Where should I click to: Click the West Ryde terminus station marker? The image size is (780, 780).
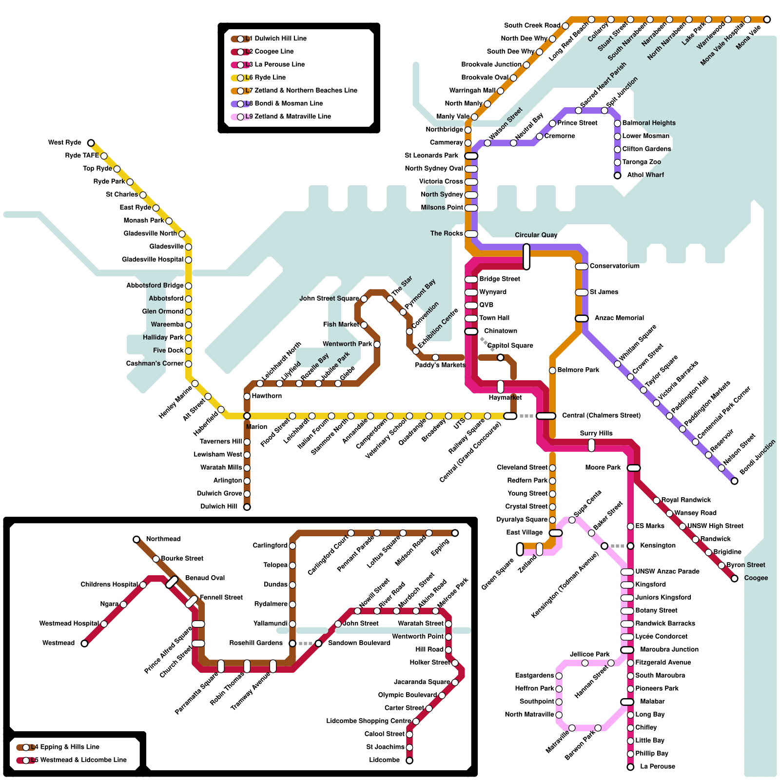point(91,143)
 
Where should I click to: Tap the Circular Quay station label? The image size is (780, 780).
point(536,235)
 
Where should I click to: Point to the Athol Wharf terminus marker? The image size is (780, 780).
point(618,175)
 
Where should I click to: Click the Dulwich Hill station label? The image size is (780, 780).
point(218,507)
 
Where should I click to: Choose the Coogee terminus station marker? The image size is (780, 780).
point(735,579)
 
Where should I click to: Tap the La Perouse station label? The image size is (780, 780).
point(657,767)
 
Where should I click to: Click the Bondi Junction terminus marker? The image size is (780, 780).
point(735,481)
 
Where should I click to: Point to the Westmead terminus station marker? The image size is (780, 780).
point(85,643)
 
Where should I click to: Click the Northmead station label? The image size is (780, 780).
point(163,539)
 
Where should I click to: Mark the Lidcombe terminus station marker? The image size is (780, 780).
point(409,760)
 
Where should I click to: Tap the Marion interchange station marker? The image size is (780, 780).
point(247,416)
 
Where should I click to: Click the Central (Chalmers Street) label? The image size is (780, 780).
point(601,415)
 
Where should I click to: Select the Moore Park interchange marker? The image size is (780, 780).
point(634,468)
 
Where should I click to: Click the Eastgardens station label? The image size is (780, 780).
point(534,676)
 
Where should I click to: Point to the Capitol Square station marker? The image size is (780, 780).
point(501,358)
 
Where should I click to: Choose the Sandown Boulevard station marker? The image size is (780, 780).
point(319,643)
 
